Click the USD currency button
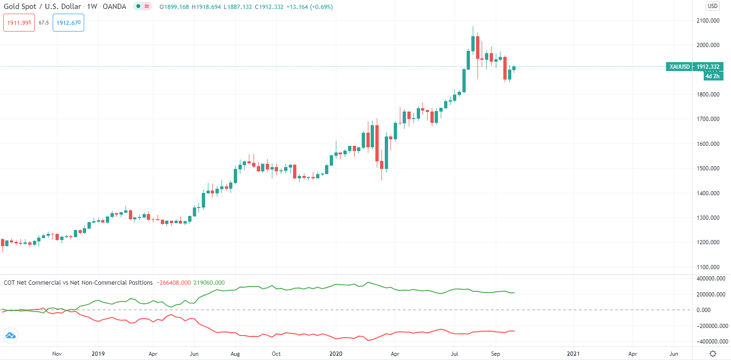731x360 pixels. point(712,6)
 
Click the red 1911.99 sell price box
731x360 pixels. point(19,23)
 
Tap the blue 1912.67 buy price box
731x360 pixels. point(68,23)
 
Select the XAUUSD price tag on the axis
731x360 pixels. point(694,67)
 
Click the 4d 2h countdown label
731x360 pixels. point(712,76)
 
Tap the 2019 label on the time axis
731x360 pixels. point(98,353)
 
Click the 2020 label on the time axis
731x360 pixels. point(335,353)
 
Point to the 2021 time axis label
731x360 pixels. point(573,353)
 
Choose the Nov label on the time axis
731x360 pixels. point(57,353)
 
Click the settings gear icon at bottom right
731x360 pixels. point(713,353)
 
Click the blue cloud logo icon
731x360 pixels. point(10,336)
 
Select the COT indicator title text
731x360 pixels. point(78,283)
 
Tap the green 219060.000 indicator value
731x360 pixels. point(209,283)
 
